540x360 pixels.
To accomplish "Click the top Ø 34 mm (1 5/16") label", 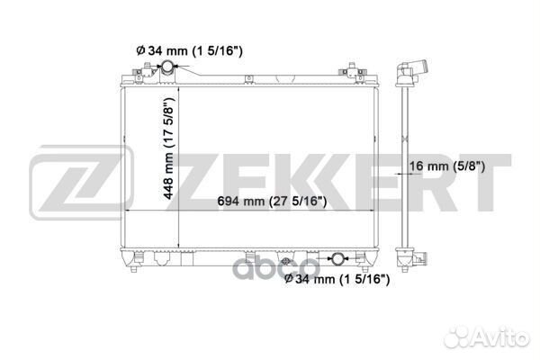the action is click(189, 51).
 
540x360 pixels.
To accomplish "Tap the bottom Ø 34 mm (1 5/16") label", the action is click(337, 279).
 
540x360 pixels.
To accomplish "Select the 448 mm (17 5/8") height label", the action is click(169, 148).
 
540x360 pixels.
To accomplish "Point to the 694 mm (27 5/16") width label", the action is click(272, 201).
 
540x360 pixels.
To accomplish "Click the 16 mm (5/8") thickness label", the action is click(447, 166).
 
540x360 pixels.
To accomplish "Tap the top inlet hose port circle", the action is click(168, 66).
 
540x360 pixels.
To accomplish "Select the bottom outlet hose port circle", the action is click(337, 258).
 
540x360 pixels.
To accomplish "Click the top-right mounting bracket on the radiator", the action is click(352, 72).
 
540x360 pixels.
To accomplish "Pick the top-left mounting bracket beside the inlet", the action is click(146, 72).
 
